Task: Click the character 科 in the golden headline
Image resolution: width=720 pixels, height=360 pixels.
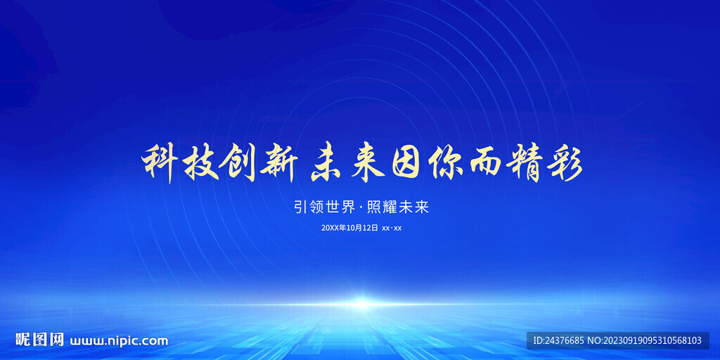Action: (x=160, y=164)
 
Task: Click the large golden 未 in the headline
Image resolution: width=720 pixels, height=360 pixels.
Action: (x=328, y=164)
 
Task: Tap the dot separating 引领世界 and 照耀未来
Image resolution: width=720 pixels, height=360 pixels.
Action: (x=361, y=207)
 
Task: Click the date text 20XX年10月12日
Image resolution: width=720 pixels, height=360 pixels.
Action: (x=349, y=228)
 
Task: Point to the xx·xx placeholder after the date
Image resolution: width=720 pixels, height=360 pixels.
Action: (x=392, y=228)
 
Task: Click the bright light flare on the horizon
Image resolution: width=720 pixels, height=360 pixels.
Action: (x=361, y=304)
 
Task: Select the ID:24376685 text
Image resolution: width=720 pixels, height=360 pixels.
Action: (x=558, y=340)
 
